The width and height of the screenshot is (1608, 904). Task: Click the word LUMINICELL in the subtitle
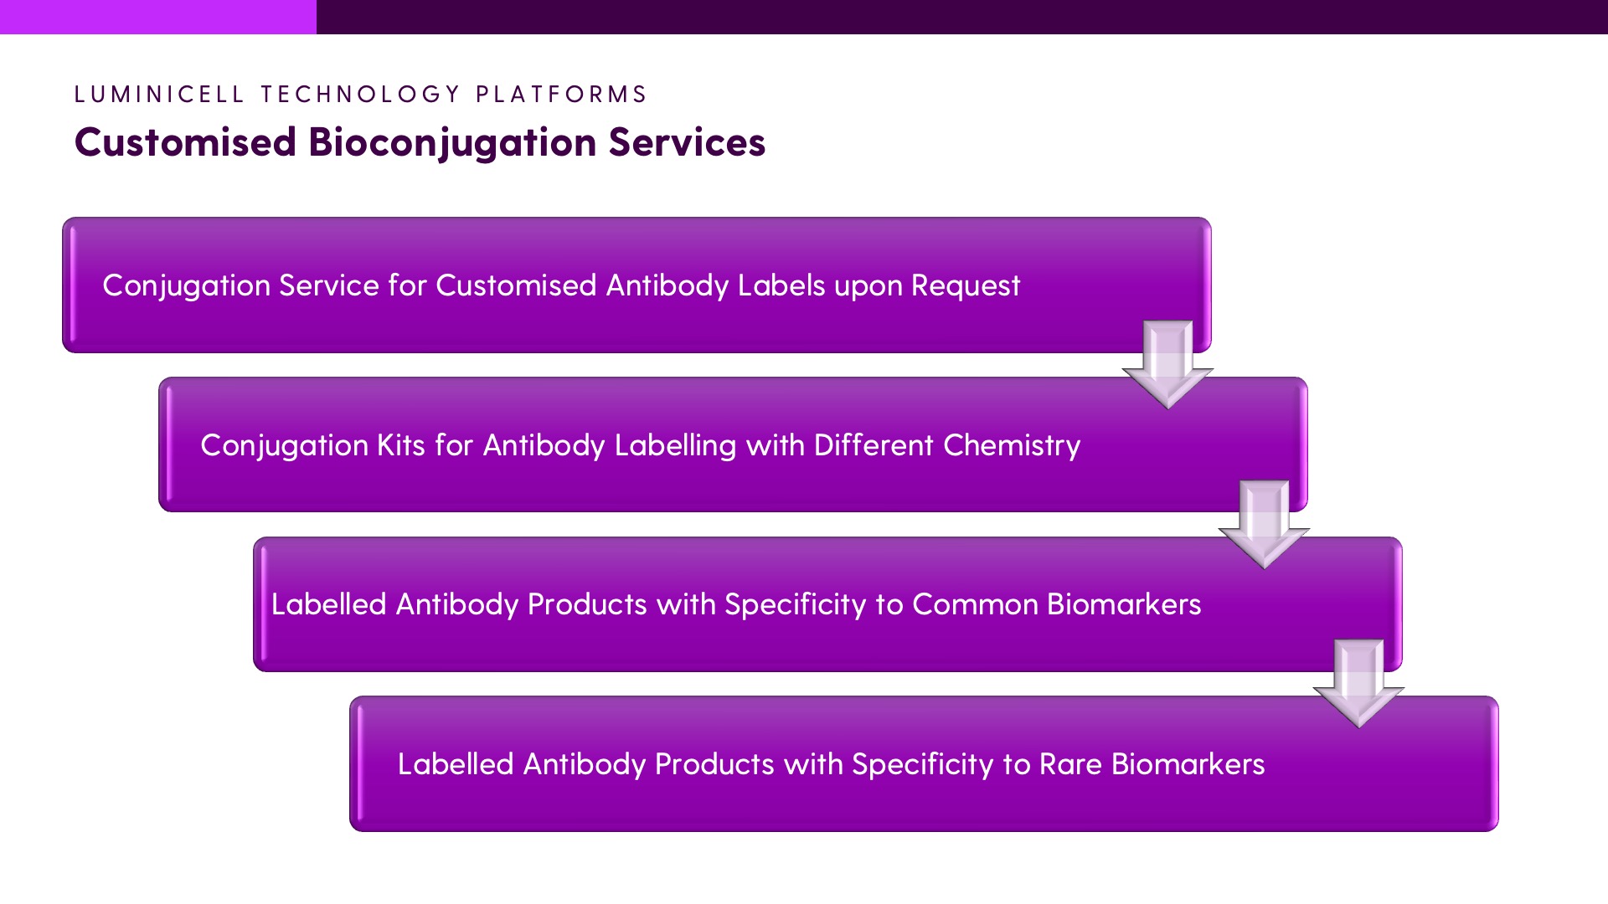pos(159,94)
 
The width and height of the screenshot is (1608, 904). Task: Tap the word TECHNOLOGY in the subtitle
pos(361,94)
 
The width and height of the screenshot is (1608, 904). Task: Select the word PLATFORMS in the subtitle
pos(562,94)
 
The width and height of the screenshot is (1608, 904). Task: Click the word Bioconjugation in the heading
pos(453,143)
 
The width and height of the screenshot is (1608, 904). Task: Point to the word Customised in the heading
pos(186,141)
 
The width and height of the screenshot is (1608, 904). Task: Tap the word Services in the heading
pos(687,141)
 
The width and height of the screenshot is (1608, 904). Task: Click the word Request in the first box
pos(966,287)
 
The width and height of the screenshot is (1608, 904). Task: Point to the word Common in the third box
pos(975,604)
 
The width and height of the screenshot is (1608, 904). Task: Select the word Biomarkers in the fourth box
pos(1188,764)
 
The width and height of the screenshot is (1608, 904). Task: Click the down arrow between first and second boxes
pos(1167,365)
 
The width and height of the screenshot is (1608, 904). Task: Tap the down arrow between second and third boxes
pos(1264,525)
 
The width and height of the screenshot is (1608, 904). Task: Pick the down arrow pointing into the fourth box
pos(1358,684)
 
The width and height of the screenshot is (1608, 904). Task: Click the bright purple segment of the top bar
pos(158,17)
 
